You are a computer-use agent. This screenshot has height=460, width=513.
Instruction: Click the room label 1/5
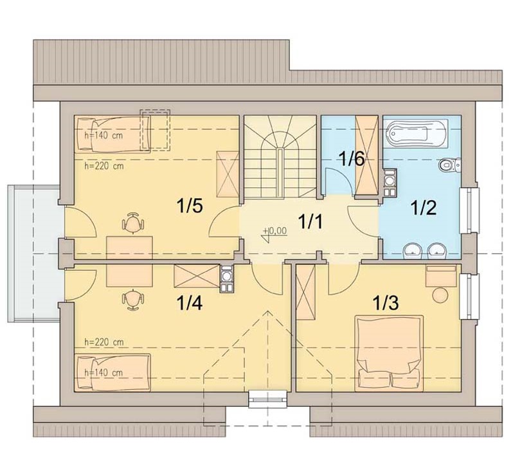point(190,207)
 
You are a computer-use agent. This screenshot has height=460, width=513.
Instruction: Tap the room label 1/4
point(190,303)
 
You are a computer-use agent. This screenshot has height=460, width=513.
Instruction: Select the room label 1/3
point(386,303)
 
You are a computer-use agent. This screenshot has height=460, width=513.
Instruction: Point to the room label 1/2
point(424,208)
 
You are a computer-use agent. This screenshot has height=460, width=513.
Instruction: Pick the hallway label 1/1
point(310,222)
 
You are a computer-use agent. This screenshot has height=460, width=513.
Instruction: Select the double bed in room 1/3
point(389,353)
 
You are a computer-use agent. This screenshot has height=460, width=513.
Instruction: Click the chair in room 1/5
point(133,223)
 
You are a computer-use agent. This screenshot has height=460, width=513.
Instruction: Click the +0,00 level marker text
point(276,231)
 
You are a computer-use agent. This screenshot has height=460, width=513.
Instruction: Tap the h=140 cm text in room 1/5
point(104,135)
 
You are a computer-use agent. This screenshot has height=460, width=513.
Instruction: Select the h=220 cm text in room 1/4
point(104,342)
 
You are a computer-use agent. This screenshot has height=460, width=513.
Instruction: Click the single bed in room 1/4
point(113,373)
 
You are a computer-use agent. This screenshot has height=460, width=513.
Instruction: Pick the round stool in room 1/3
point(440,295)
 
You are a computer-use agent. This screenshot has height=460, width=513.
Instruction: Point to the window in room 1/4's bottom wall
point(267,399)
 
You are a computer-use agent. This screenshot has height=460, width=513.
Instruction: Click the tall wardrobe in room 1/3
point(306,292)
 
